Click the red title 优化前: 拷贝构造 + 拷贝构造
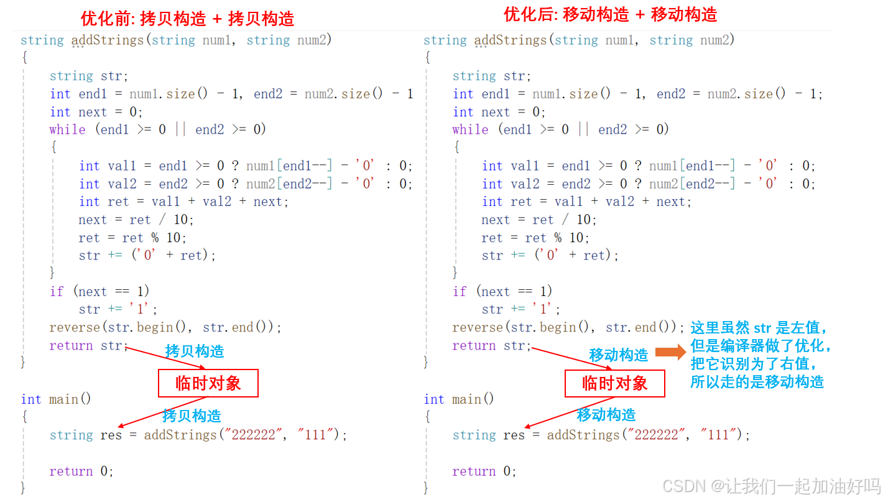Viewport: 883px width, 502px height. [x=188, y=19]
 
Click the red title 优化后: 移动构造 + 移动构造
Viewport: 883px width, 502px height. [x=610, y=14]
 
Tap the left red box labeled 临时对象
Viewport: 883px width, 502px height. [x=208, y=383]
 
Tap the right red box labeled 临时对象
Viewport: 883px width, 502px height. [x=615, y=383]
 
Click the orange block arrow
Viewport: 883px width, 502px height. [x=670, y=351]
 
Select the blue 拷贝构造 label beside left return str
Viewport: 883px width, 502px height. [x=195, y=351]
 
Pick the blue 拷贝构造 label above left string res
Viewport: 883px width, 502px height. [x=192, y=416]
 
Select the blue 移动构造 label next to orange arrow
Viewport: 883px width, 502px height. [x=619, y=355]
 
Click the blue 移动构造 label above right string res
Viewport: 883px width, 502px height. [x=606, y=415]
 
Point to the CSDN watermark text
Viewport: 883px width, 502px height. [x=771, y=486]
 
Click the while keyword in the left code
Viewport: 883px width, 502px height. [x=67, y=129]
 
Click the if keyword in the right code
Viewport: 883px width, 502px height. [x=460, y=291]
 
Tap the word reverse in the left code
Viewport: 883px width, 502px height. [x=75, y=327]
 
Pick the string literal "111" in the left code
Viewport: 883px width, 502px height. [x=316, y=435]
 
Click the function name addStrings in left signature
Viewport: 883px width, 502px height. [x=108, y=40]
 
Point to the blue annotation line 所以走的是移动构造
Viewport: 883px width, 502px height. [x=757, y=382]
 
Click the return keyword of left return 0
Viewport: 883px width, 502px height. [x=71, y=472]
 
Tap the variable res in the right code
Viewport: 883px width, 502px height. [x=514, y=435]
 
